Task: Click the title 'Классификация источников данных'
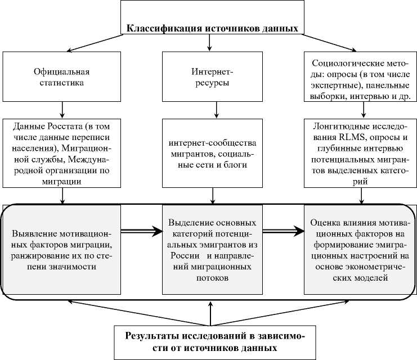(x=211, y=29)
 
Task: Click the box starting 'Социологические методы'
(x=358, y=77)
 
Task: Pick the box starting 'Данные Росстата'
(x=61, y=152)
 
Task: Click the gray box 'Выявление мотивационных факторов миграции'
(x=61, y=250)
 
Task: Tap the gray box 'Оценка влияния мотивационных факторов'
(x=358, y=250)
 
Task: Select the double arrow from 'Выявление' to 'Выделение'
(x=141, y=230)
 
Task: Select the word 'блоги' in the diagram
(x=237, y=165)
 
